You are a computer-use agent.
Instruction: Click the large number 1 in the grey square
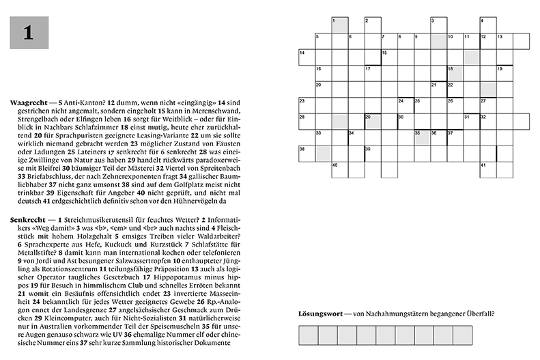click(29, 33)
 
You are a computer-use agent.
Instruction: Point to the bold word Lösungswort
click(319, 314)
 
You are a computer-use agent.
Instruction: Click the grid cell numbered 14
click(307, 57)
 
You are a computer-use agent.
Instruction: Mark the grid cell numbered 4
click(487, 25)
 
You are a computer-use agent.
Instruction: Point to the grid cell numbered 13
click(504, 41)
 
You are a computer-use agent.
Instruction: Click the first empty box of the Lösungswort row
click(308, 335)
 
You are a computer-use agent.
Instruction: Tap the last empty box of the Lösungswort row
click(463, 335)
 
